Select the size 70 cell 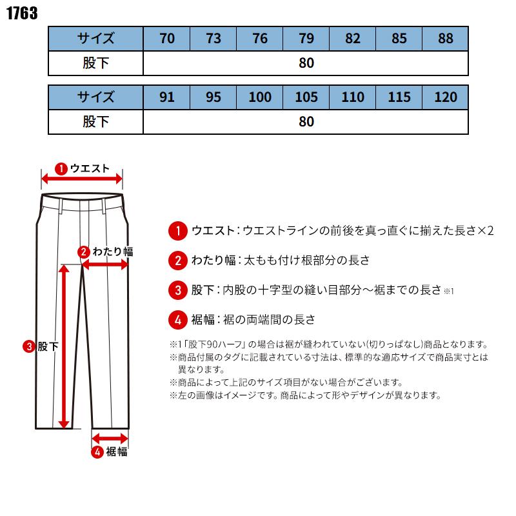166,38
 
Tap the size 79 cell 306,38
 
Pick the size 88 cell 446,38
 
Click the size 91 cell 166,97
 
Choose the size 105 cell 306,97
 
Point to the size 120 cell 446,97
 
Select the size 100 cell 260,97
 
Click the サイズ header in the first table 95,38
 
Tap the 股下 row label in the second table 95,121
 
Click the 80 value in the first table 306,63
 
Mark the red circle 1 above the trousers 61,168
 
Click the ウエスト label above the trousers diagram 90,168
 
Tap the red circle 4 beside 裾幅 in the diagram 97,452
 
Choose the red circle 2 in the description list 177,261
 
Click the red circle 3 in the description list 177,290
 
